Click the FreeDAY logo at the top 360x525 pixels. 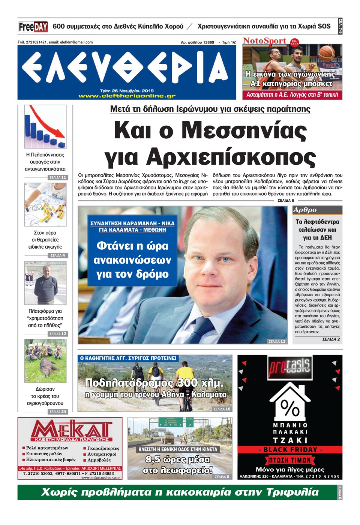tap(33, 27)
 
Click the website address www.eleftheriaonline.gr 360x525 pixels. tap(127, 96)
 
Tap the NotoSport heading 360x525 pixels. tap(264, 40)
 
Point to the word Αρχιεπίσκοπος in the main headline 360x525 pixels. tap(231, 156)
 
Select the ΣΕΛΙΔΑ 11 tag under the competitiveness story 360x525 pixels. tap(58, 177)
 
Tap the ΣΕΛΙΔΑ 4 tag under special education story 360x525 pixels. tap(58, 255)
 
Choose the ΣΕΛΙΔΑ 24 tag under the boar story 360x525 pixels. tap(58, 412)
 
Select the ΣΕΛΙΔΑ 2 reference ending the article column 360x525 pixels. tap(331, 339)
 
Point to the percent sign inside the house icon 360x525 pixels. tap(289, 408)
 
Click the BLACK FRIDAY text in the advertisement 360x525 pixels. tap(290, 449)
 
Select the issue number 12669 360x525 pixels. tap(208, 42)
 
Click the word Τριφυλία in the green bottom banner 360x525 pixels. tap(292, 492)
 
